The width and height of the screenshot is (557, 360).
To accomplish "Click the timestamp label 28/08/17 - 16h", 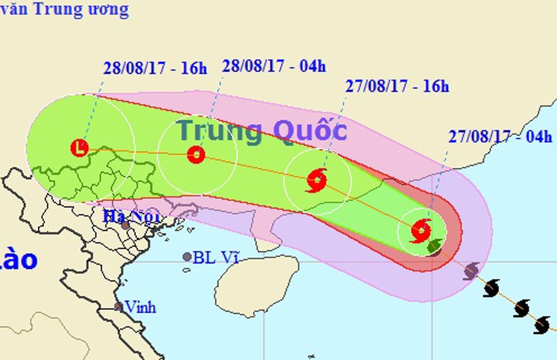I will (155, 68).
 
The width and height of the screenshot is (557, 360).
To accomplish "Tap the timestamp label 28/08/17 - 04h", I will (274, 66).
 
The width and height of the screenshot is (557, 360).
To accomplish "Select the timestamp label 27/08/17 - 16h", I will (397, 87).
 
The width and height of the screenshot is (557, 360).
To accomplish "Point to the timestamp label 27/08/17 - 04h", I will (500, 137).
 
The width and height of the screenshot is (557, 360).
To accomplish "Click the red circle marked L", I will (79, 148).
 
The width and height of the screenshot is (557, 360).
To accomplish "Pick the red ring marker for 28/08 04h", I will (196, 154).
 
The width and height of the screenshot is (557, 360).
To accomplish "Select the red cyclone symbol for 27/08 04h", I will (421, 231).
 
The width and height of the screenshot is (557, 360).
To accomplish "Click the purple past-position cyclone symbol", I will (471, 270).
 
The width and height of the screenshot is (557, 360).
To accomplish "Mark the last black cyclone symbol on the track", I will (542, 325).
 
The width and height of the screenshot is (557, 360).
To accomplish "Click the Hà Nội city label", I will (126, 217).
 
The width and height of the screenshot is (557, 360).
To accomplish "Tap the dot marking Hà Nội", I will (125, 225).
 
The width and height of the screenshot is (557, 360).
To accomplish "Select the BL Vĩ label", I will (216, 258).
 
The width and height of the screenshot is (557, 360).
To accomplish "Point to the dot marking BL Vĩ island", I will (187, 257).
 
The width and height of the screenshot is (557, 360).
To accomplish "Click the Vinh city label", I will (140, 307).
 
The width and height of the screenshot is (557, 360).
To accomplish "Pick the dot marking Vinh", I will (118, 307).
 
